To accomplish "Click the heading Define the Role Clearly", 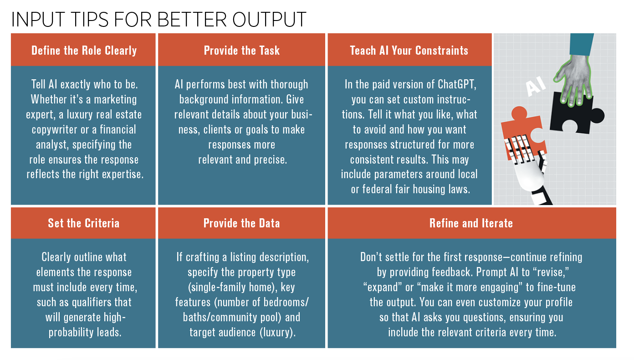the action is pos(84,51).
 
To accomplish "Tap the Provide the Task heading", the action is pos(242,51).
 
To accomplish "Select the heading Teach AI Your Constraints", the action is pos(409,51).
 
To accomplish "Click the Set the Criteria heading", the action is pos(84,223).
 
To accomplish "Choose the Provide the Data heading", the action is pos(242,223).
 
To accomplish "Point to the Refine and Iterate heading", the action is pos(471,223).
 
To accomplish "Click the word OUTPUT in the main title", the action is pos(269,20).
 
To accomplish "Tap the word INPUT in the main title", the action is pos(38,20).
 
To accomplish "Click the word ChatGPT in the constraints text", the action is pos(457,84).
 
